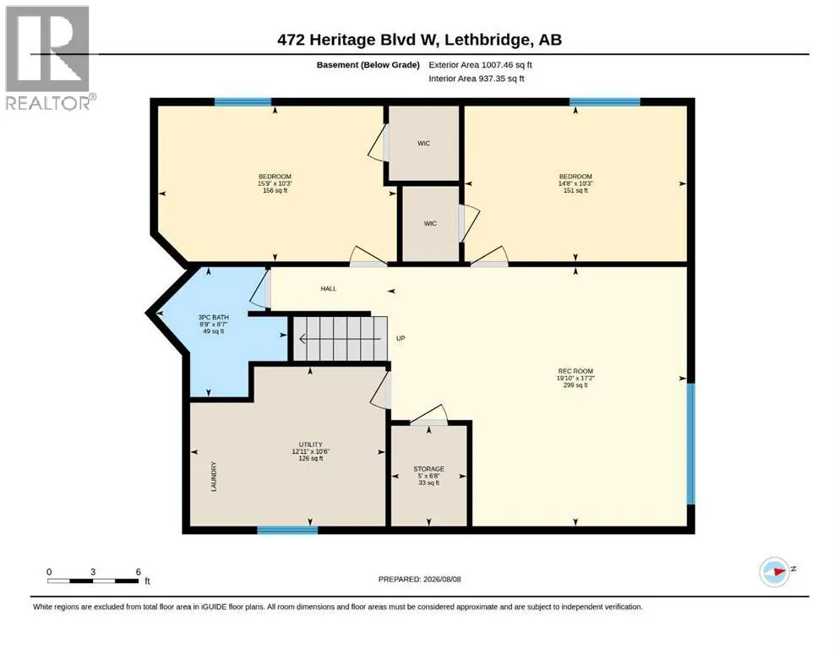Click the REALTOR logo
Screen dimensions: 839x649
click(x=48, y=57)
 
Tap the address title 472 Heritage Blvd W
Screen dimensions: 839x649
click(x=358, y=40)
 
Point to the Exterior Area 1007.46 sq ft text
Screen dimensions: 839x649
click(x=480, y=65)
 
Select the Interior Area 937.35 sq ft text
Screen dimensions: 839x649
click(x=477, y=79)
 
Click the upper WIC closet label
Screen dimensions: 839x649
click(x=424, y=144)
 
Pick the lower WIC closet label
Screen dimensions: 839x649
click(x=430, y=224)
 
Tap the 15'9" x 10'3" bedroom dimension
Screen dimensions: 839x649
click(x=275, y=183)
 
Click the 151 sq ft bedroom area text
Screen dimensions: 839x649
click(x=575, y=190)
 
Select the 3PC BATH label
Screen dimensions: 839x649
click(x=214, y=317)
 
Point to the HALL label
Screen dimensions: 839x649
click(x=329, y=289)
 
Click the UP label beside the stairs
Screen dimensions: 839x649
click(x=400, y=339)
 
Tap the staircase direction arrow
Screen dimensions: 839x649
click(x=340, y=339)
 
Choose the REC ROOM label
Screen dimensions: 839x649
click(x=575, y=371)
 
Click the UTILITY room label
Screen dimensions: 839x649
click(x=311, y=444)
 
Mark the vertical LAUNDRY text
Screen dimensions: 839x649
click(x=214, y=477)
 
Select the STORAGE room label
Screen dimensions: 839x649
click(x=428, y=469)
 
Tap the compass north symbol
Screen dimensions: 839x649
click(x=776, y=572)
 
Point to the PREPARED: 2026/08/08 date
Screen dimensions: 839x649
click(x=419, y=580)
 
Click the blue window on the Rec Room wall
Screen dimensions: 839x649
click(x=691, y=444)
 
